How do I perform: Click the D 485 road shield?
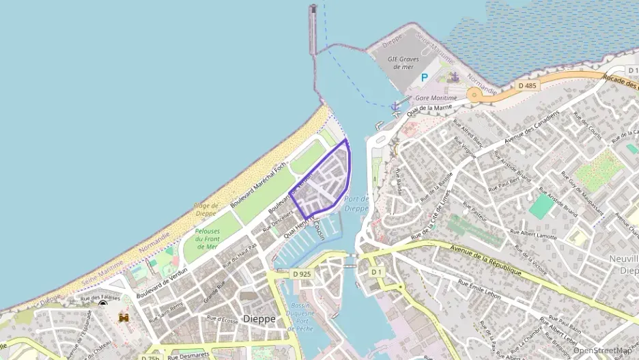pos(527,85)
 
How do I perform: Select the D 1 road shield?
pos(376,272)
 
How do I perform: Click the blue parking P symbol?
pos(424,78)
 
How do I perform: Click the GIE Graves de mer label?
pos(401,63)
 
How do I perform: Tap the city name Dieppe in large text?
pos(259,318)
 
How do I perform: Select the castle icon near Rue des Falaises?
pos(124,318)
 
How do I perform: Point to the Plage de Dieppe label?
pos(205,210)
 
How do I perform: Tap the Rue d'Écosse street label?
pos(222,318)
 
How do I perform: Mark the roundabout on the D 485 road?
pos(474,95)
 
